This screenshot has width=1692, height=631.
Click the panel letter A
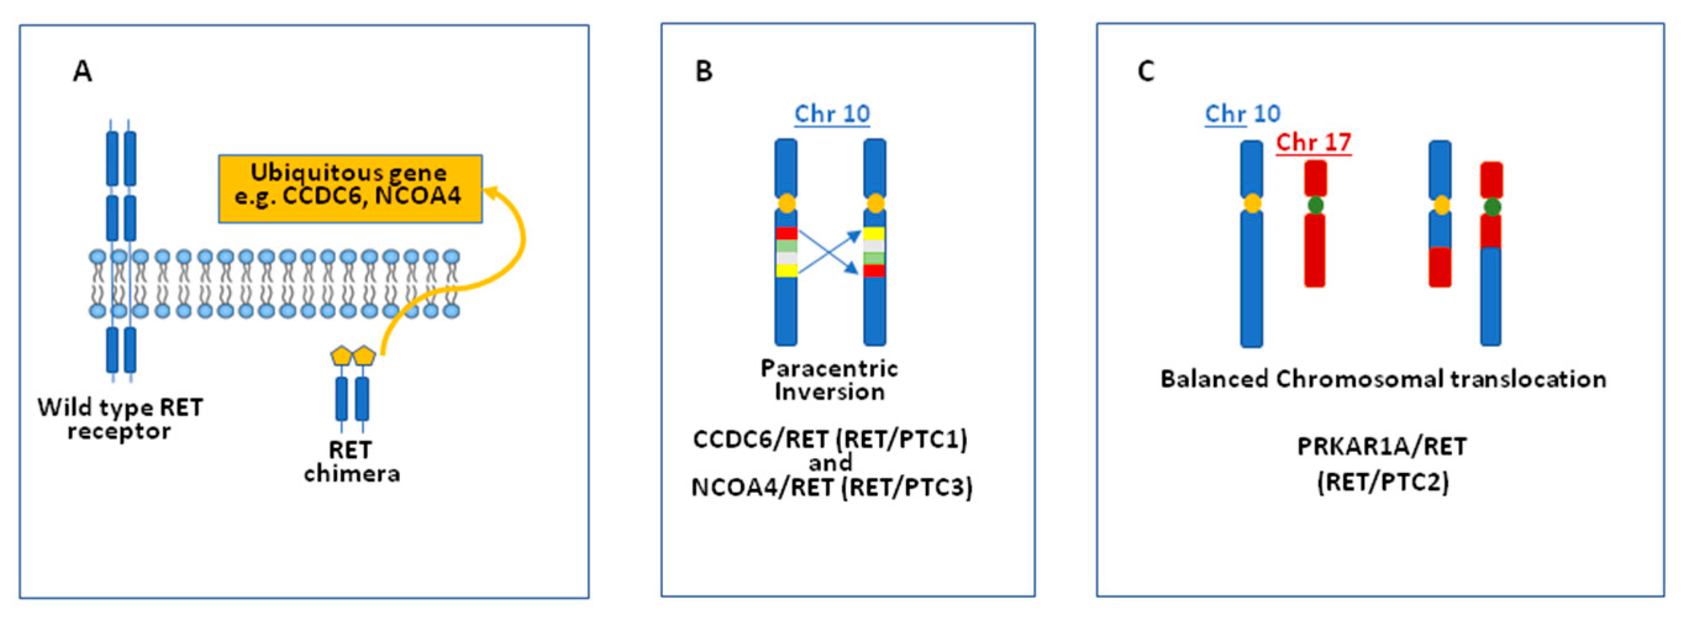[82, 71]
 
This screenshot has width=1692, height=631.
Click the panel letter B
[704, 71]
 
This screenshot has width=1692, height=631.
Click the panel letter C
[1146, 71]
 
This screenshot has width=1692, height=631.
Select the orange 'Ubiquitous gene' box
[349, 189]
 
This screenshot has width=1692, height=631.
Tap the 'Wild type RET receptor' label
[120, 419]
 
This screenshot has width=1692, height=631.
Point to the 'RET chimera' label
[351, 461]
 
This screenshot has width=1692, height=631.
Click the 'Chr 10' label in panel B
[831, 114]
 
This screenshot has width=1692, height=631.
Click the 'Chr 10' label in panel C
[1242, 114]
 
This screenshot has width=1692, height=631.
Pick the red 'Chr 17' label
[1313, 143]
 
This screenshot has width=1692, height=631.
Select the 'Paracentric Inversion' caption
[829, 380]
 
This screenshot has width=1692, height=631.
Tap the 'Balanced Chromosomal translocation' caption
[1383, 379]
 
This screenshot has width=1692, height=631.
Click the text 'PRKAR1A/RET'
[1382, 447]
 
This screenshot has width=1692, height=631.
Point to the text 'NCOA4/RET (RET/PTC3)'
[831, 487]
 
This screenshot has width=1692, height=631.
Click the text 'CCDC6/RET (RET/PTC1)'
[830, 438]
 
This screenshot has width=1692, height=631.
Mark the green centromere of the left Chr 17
[1315, 205]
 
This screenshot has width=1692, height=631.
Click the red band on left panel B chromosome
[786, 233]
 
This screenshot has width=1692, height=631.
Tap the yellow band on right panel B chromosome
[873, 233]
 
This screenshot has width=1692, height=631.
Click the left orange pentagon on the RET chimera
[341, 356]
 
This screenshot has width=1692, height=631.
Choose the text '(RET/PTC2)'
[1383, 482]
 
